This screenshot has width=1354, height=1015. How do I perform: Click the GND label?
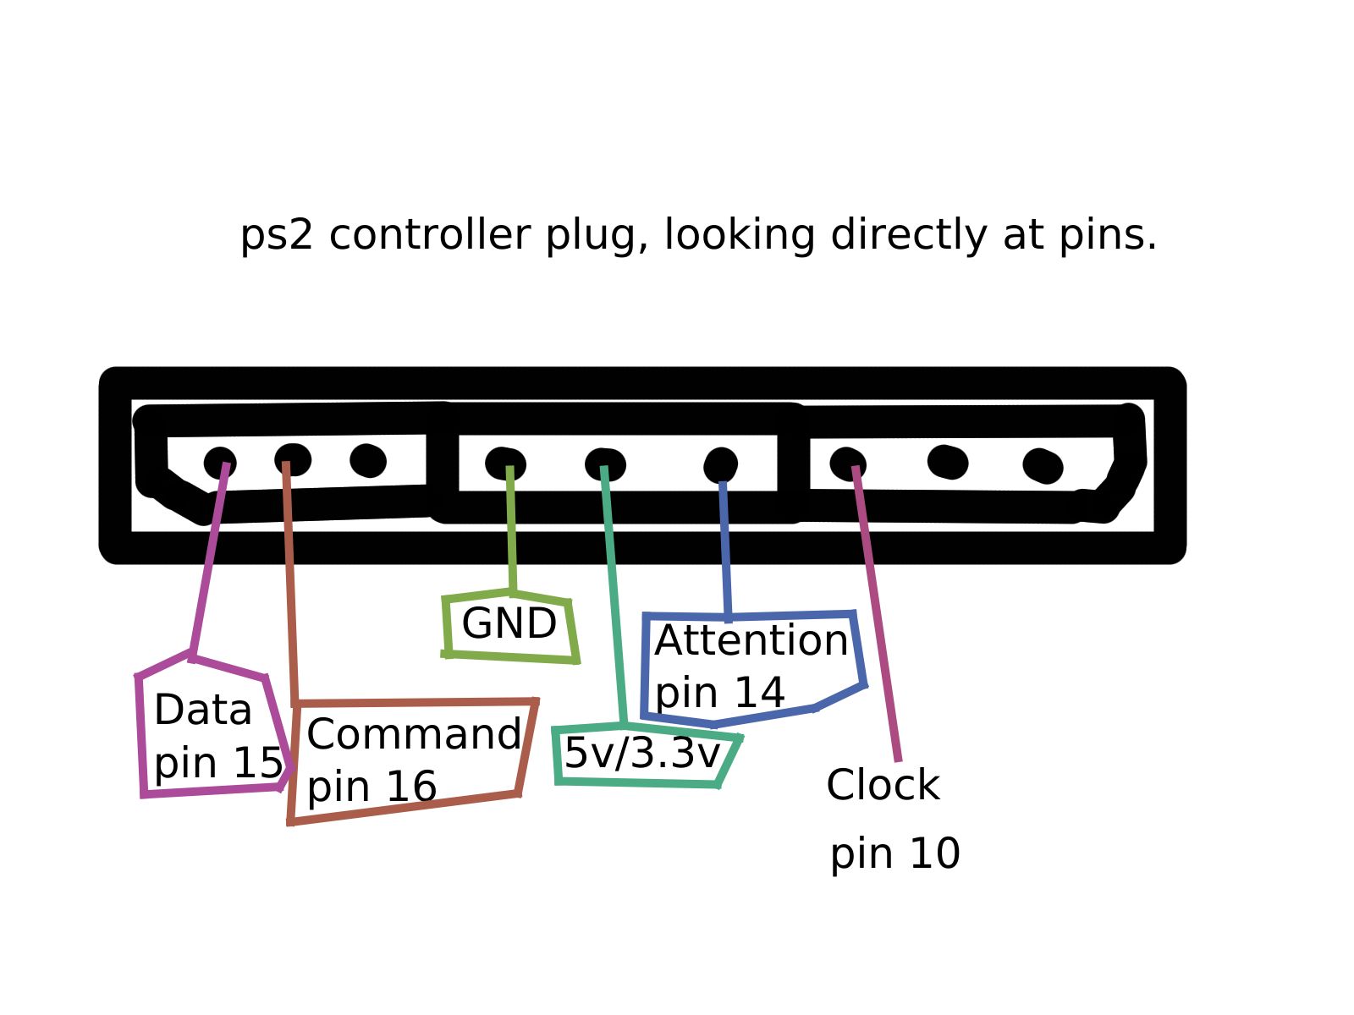[x=509, y=624]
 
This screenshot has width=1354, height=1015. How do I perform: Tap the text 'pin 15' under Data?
[x=217, y=763]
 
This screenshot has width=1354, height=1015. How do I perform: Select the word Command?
[x=414, y=734]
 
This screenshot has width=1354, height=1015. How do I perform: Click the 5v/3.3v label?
[x=641, y=753]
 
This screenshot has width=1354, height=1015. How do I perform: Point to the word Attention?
[x=751, y=640]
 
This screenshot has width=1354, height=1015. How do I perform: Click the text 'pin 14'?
[x=719, y=693]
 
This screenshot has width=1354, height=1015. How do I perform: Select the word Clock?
[x=883, y=785]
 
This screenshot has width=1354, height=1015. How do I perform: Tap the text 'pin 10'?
[x=894, y=853]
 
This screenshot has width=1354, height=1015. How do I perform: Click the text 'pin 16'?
[x=372, y=787]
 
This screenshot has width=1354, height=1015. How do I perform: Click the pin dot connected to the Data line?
[x=219, y=463]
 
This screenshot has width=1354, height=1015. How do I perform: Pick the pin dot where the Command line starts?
[x=293, y=459]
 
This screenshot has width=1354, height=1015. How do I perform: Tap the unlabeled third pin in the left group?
[x=368, y=460]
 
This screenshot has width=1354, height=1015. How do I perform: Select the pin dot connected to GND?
[x=505, y=464]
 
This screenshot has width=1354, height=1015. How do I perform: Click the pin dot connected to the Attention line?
[x=720, y=464]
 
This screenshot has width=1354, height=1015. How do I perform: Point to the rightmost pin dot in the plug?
[x=1043, y=465]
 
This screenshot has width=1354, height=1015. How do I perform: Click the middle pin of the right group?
[x=948, y=462]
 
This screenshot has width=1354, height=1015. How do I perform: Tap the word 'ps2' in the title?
[x=276, y=236]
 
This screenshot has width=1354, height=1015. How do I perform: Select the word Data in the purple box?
[x=203, y=710]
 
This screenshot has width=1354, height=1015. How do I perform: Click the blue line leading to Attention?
[x=725, y=550]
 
